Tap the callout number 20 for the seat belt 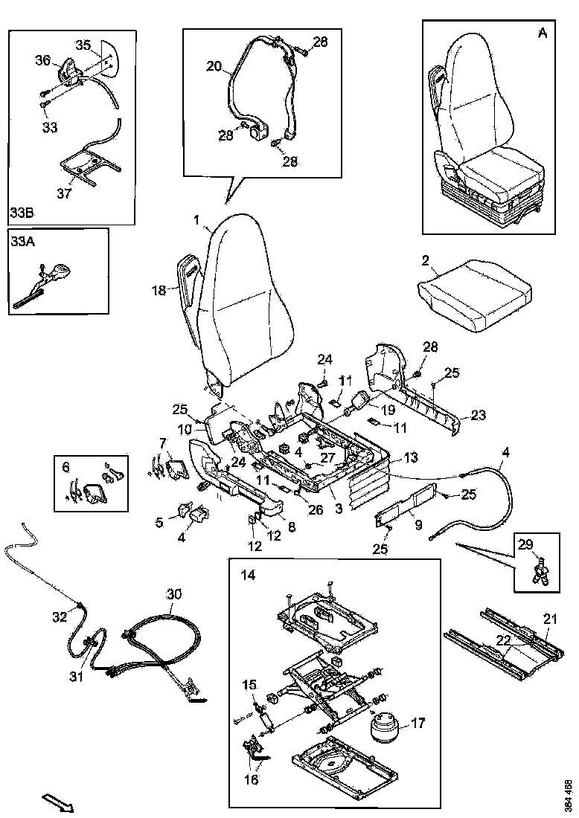click(x=214, y=66)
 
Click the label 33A click(x=21, y=241)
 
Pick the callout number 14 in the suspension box click(x=246, y=575)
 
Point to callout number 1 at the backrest click(x=196, y=220)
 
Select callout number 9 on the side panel click(x=418, y=525)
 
